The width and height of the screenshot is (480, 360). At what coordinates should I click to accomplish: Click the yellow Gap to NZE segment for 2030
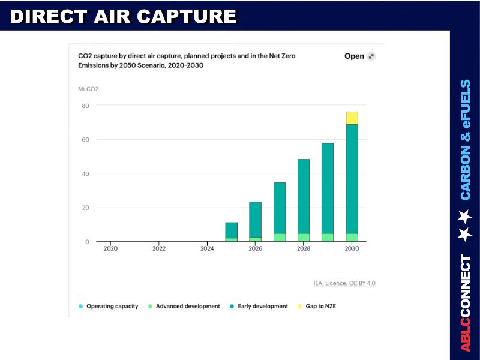point(352,118)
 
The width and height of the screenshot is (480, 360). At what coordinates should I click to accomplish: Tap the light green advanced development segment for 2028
point(304,237)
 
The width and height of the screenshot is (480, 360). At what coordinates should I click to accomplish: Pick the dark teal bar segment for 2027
point(280,208)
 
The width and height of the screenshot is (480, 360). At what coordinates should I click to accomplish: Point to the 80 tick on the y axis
point(85,106)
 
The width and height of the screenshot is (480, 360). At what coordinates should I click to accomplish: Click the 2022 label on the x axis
point(159,248)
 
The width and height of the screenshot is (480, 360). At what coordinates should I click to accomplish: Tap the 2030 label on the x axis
point(352,248)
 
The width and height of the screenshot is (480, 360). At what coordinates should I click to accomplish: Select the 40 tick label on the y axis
point(85,173)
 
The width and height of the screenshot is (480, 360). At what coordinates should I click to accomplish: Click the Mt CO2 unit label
point(88,89)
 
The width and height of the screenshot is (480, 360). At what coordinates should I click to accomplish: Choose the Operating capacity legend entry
point(112,306)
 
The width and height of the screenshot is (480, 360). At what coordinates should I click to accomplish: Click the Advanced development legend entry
point(187,306)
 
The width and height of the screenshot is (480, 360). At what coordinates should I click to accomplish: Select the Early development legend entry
point(262,306)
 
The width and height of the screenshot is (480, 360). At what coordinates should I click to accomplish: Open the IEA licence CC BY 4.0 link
point(344,283)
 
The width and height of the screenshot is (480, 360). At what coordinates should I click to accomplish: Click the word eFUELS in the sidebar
point(466,104)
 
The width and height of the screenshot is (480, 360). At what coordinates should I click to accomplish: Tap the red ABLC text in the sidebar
point(466,335)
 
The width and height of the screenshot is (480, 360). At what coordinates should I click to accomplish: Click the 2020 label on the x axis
point(110,248)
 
